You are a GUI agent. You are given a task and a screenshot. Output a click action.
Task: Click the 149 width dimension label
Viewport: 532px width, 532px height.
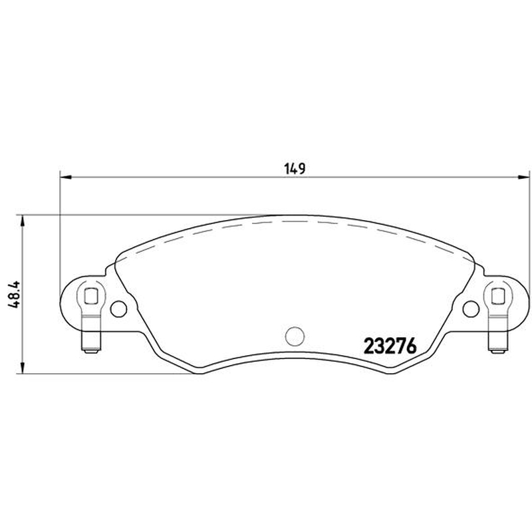pos(295,169)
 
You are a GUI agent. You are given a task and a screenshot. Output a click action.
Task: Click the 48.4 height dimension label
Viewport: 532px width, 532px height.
pos(15,294)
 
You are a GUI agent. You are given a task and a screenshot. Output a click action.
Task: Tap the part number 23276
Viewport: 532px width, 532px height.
pos(390,346)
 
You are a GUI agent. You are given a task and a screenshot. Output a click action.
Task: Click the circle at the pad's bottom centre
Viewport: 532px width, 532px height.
pos(295,336)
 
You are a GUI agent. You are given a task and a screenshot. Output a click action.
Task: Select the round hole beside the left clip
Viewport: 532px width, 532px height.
pos(119,309)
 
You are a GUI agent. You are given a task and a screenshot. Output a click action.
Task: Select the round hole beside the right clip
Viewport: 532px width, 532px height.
pos(471,309)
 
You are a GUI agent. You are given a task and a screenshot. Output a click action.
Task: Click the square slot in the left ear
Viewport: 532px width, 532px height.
pos(91,295)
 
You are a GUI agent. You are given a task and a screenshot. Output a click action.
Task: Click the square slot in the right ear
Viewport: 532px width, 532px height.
pos(498,295)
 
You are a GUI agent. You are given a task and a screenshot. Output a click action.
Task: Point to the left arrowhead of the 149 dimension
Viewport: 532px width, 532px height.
pos(65,177)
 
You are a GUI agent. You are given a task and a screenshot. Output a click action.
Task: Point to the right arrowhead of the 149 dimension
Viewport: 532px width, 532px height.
pos(523,177)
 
